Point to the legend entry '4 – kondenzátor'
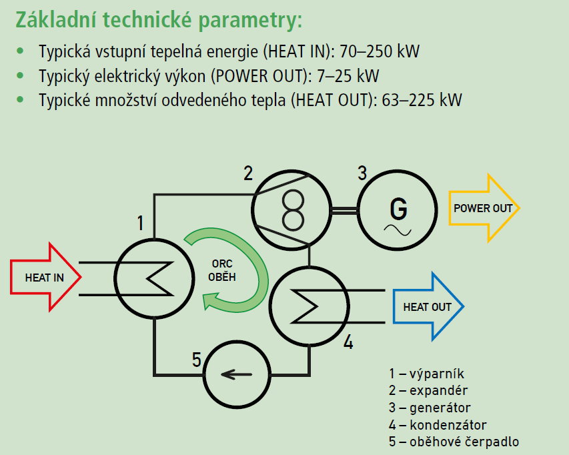(x=438, y=425)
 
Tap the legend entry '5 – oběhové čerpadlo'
(x=454, y=442)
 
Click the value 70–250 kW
(x=378, y=51)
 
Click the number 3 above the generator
(x=362, y=173)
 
